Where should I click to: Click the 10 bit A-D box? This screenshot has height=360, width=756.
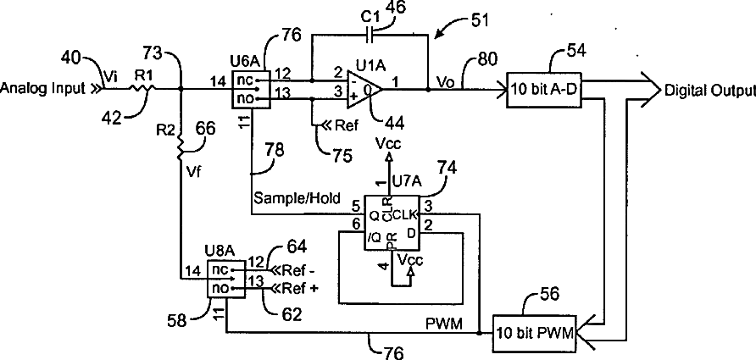pos(542,90)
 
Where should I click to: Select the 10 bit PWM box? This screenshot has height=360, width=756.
pos(533,332)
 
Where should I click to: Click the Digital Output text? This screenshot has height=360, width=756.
pos(709,90)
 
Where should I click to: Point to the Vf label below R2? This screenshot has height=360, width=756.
pos(194,169)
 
